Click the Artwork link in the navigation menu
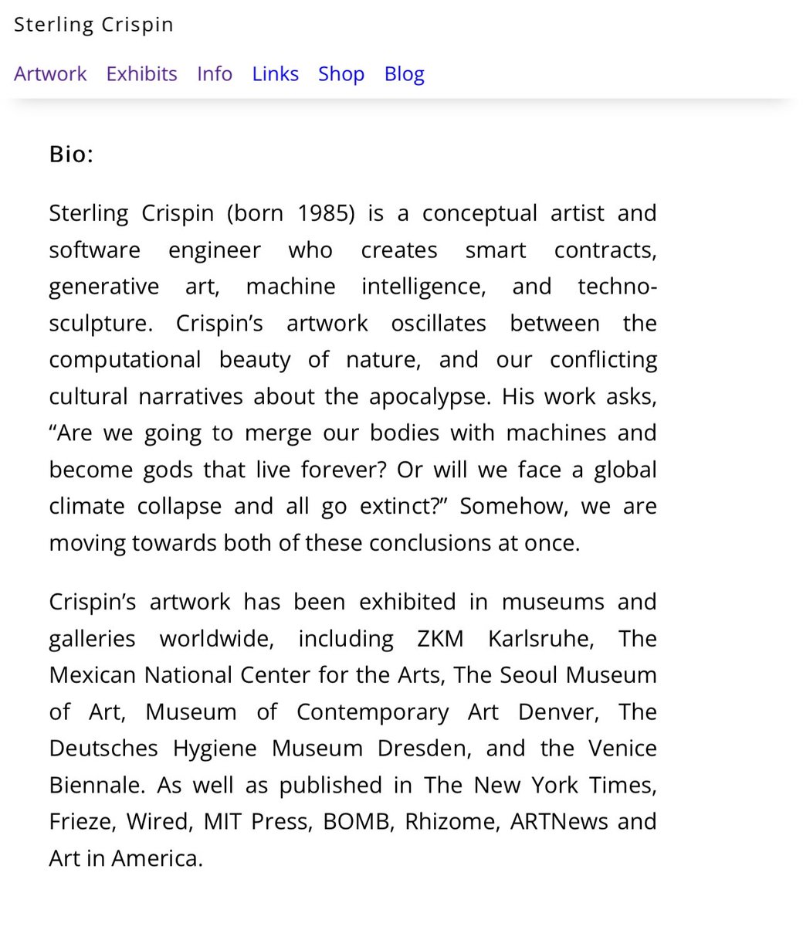[50, 74]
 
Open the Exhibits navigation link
[141, 74]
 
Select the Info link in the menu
[215, 74]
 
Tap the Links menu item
[275, 74]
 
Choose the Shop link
[341, 74]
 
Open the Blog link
[405, 74]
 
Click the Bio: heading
[71, 154]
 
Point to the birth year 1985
[326, 213]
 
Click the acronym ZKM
[441, 639]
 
